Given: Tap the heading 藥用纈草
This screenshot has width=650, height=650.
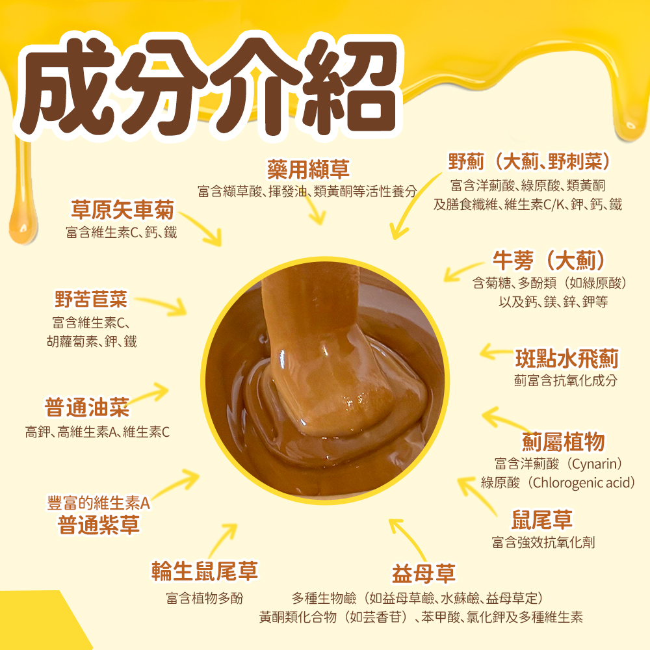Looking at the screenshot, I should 308,170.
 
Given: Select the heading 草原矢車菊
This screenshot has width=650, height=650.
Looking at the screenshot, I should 123,210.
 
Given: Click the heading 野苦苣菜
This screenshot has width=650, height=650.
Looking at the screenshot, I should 91,300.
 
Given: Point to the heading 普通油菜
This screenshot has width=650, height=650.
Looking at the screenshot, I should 87,408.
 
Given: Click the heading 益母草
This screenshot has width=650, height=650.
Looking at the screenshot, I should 423,573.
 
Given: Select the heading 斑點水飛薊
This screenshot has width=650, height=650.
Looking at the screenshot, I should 566,358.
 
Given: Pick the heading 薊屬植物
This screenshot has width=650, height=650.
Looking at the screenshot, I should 564,442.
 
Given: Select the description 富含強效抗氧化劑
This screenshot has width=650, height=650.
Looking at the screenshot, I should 543,542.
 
